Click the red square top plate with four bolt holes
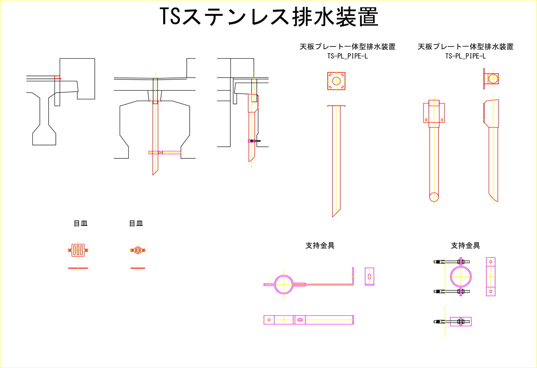pos(336,80)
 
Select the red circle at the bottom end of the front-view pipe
pos(434,197)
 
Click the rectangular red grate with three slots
pos(78,250)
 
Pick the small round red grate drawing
pos(138,250)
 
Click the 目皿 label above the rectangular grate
pos(81,224)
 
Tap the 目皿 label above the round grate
pos(136,224)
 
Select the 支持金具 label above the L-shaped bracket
pos(320,246)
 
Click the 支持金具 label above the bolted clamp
pos(465,246)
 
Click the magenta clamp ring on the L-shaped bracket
pos(284,284)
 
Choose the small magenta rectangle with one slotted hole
pos(369,277)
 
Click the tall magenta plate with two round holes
pos(490,277)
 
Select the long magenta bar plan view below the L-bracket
pos(308,320)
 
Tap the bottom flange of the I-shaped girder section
pos(44,138)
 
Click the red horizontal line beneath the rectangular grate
pos(78,267)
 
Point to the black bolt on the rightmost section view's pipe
pos(254,141)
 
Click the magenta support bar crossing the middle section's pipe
pos(165,153)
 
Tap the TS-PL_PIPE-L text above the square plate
pos(347,56)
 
